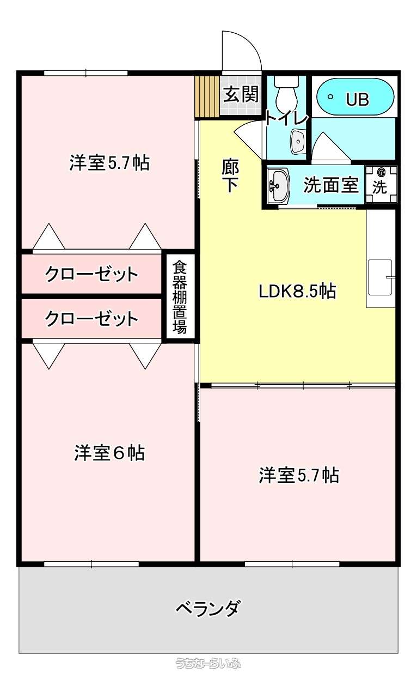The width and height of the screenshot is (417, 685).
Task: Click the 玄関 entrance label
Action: [241, 94]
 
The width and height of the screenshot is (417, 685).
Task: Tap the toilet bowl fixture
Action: [286, 92]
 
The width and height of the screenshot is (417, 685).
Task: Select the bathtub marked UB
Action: [355, 96]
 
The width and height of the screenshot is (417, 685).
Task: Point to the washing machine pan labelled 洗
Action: [381, 184]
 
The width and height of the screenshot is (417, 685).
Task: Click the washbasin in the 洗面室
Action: [278, 185]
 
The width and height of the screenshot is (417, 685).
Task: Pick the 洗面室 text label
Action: [331, 185]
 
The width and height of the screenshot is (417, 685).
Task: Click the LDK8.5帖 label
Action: [297, 292]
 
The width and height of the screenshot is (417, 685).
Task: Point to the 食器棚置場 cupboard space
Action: [180, 297]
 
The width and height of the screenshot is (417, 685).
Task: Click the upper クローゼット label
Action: [91, 274]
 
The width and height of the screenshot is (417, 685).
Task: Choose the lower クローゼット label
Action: [91, 319]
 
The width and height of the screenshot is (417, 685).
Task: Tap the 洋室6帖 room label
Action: [109, 453]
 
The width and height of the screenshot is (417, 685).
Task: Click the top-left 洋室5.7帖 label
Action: [109, 163]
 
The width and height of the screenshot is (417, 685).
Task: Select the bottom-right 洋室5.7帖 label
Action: [299, 475]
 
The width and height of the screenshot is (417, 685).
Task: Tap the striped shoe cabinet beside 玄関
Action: [207, 96]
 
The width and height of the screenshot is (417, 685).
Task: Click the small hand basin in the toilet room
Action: [298, 142]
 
